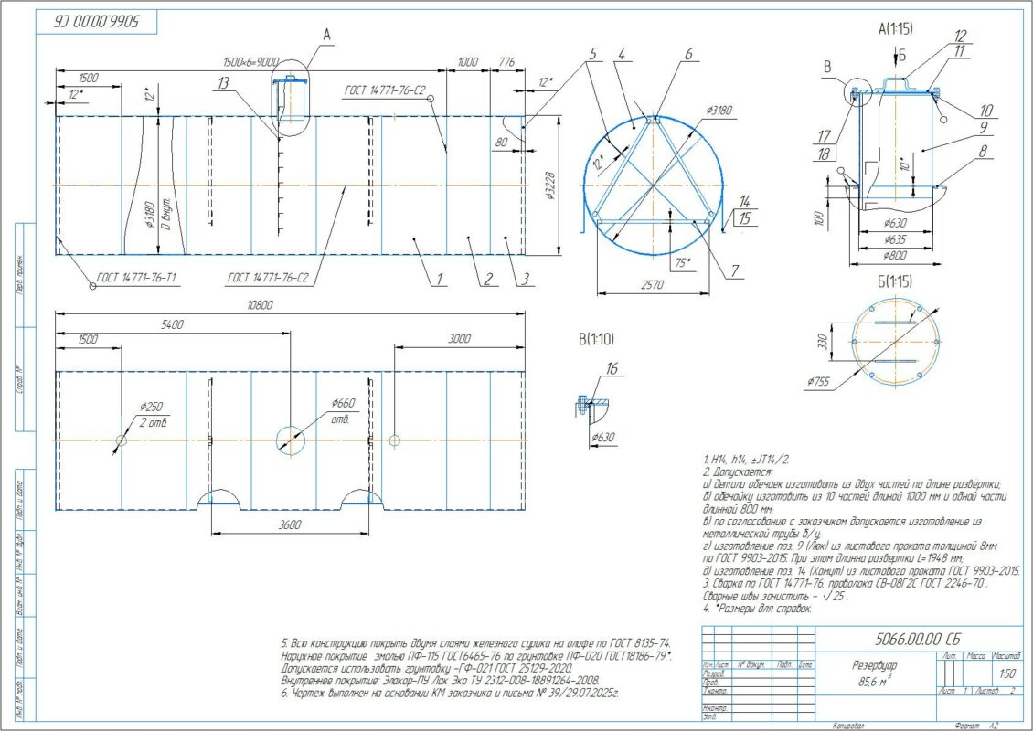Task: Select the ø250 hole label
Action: pos(151,407)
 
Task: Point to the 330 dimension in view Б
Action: pos(822,342)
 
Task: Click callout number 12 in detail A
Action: pos(959,36)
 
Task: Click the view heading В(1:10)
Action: pos(595,339)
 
